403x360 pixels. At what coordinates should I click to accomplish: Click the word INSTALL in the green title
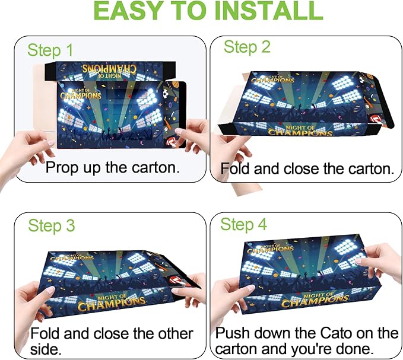tap(268, 11)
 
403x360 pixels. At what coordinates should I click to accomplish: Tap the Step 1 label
tap(50, 50)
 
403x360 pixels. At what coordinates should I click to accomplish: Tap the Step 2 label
tap(247, 47)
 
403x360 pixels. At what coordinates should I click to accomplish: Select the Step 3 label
tap(52, 226)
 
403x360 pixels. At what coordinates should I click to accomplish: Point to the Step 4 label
tap(244, 224)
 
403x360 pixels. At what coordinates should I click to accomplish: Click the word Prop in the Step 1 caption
tap(61, 168)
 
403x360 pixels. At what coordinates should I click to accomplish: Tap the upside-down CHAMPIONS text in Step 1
tap(109, 69)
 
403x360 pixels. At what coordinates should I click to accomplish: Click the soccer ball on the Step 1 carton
tap(166, 94)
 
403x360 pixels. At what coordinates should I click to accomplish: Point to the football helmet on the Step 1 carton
tap(172, 142)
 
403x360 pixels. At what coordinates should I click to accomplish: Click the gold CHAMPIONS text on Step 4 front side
tap(315, 301)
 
